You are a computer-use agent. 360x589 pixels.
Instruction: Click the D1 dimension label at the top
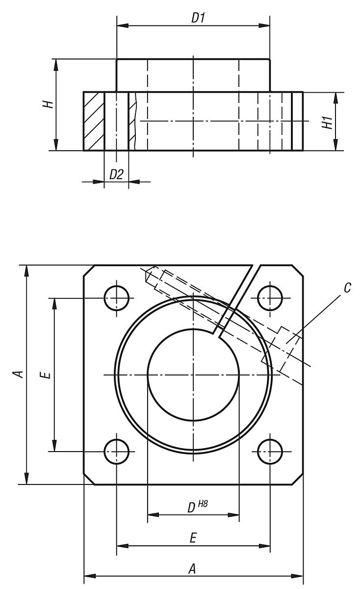coord(198,18)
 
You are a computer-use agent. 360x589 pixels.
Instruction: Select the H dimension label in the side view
coord(47,105)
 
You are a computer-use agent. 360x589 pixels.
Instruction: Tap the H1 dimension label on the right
coord(327,122)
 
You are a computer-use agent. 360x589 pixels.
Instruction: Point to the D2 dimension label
coord(116,174)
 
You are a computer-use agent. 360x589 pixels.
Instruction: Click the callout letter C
coord(347,288)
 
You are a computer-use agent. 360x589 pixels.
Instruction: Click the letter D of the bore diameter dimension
coord(191,508)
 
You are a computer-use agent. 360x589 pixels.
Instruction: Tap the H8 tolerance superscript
coord(203,504)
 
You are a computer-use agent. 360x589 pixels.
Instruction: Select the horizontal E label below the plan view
coord(193,538)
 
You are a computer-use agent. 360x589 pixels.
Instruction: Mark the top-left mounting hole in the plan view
coord(116,297)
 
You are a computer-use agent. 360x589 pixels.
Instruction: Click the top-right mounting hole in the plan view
coord(270,297)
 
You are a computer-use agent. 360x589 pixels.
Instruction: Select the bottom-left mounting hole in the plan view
coord(116,451)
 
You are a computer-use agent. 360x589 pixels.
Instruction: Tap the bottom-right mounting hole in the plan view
coord(270,451)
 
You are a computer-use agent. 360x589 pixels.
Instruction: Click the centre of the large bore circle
coord(193,375)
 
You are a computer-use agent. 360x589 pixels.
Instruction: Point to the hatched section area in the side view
coord(93,121)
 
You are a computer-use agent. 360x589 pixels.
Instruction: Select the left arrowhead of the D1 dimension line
coord(121,25)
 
